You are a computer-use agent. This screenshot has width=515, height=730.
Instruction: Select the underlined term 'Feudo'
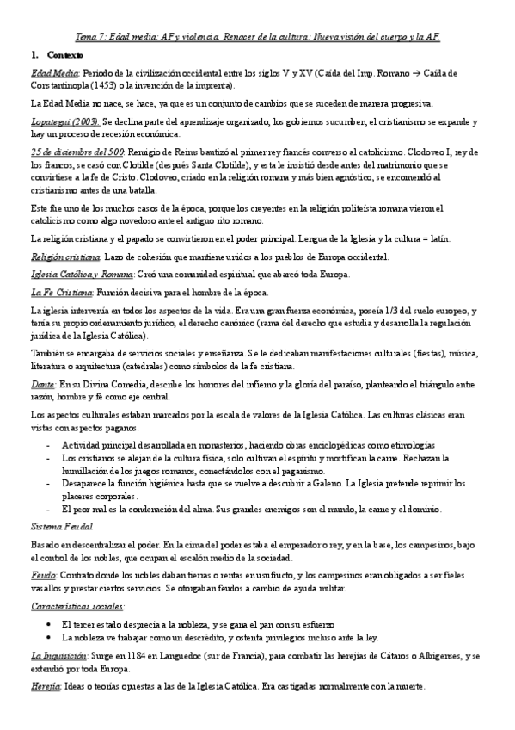(x=43, y=579)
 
